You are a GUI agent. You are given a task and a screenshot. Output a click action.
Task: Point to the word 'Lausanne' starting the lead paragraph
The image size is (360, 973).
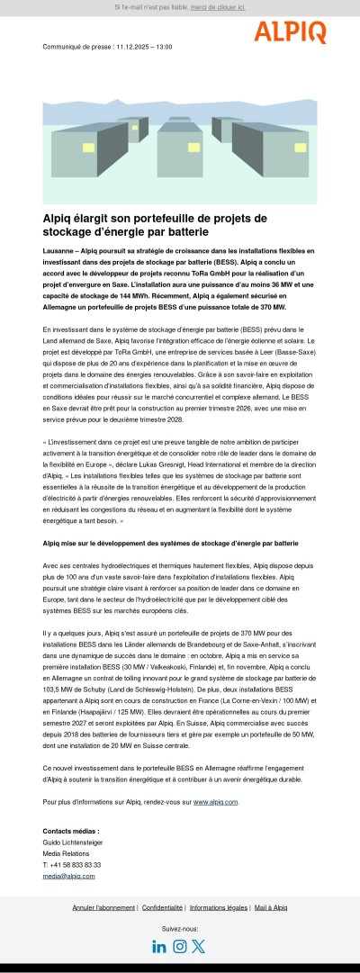tap(58, 248)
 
